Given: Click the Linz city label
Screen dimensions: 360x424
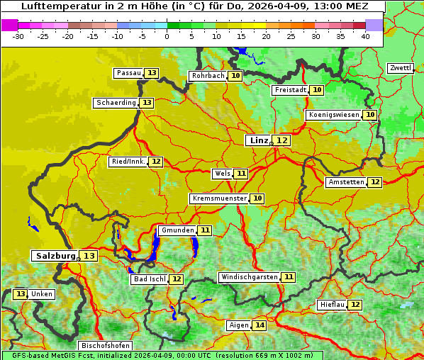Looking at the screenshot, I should click(x=258, y=140).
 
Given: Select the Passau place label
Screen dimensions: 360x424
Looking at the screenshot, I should click(x=128, y=73).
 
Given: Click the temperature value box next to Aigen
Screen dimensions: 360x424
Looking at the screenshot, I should click(x=260, y=325).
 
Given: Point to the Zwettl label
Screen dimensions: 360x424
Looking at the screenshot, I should click(x=401, y=68).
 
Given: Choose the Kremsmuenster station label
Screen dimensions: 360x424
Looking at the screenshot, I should click(x=219, y=199).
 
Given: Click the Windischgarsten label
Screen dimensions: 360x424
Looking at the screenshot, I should click(x=249, y=277).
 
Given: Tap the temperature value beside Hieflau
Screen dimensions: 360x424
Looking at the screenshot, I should click(x=355, y=305).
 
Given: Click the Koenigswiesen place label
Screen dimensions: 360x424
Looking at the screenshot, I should click(x=333, y=115).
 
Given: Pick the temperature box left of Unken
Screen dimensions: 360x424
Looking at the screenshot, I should click(x=20, y=294).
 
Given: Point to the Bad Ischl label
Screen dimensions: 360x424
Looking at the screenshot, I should click(x=149, y=279).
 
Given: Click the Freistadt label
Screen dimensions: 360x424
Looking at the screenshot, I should click(x=291, y=90).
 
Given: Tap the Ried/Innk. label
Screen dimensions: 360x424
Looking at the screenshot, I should click(x=128, y=162).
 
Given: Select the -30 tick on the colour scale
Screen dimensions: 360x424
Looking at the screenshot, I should click(x=18, y=36).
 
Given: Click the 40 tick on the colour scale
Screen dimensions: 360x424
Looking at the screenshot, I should click(x=364, y=36).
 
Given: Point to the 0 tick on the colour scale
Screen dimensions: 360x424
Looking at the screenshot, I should click(x=167, y=36).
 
